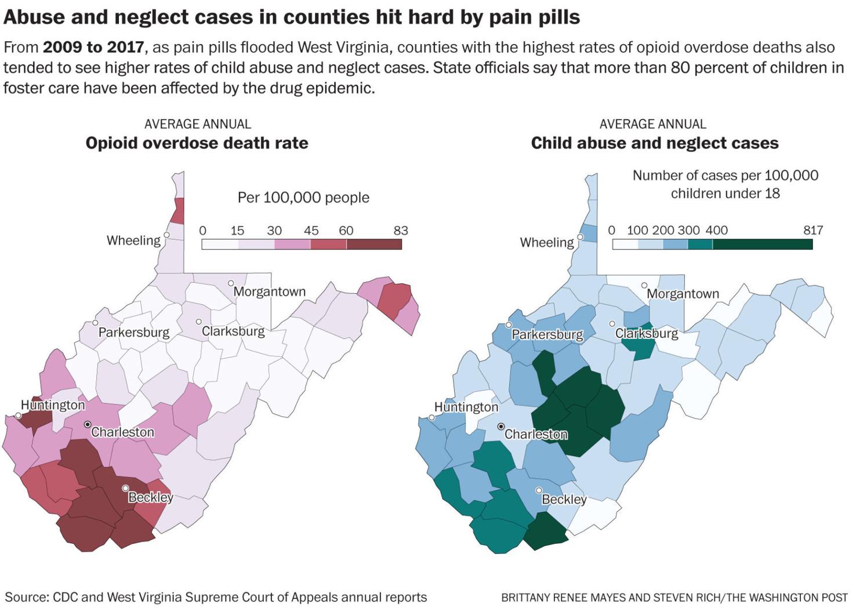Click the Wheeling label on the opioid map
[133, 240]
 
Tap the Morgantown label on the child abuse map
[683, 294]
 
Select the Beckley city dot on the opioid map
[125, 488]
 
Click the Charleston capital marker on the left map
[88, 425]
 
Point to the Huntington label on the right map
[466, 407]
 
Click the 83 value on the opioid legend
[401, 230]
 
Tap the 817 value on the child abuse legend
[813, 230]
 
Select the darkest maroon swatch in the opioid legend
[374, 244]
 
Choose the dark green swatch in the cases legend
[762, 244]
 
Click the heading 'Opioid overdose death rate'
[197, 143]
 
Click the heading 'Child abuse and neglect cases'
[654, 143]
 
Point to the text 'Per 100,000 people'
[303, 197]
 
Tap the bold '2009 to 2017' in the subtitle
[93, 47]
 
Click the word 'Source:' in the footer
[27, 597]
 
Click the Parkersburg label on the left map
[133, 332]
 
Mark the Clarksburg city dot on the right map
[612, 324]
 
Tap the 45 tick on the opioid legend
[311, 230]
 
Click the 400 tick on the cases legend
[716, 230]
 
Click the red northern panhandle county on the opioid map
[177, 211]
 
